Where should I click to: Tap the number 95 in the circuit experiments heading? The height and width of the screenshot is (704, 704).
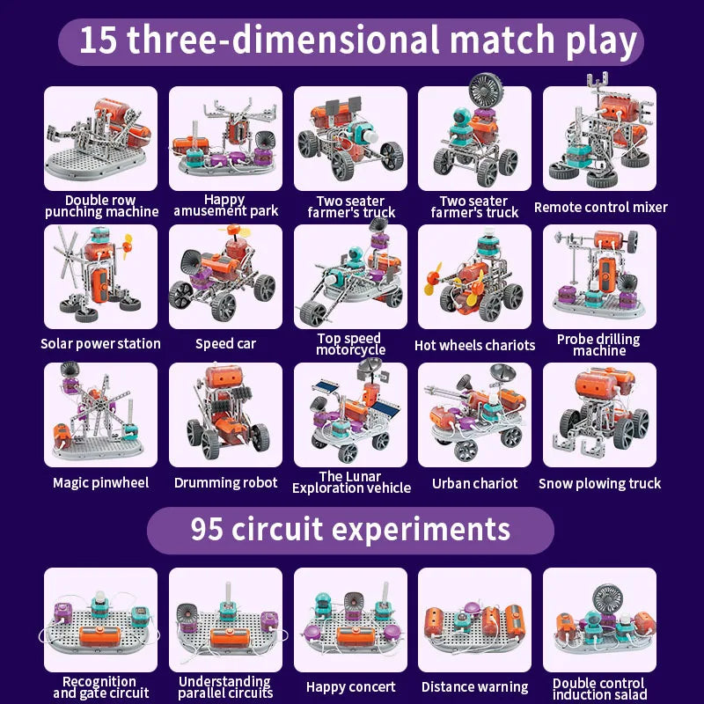click(209, 530)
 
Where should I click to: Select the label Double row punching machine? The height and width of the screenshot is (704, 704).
click(101, 206)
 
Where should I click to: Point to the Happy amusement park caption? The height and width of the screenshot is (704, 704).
click(226, 205)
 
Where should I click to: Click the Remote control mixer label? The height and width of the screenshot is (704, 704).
click(601, 208)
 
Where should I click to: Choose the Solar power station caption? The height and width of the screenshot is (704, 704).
click(101, 343)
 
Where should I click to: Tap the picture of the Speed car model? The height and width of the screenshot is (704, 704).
click(226, 276)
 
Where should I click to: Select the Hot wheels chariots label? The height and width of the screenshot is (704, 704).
click(475, 345)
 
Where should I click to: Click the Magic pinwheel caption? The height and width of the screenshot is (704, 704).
click(101, 482)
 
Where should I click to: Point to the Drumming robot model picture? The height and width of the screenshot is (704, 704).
click(226, 414)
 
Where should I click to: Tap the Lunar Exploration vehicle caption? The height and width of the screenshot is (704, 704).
click(351, 482)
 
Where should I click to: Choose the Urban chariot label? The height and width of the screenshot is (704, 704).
click(475, 483)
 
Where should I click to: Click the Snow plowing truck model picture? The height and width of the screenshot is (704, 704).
click(599, 414)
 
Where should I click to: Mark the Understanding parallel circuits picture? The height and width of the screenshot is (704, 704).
click(226, 621)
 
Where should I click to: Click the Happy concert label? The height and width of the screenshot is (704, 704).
click(351, 687)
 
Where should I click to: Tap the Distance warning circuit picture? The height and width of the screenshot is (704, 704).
click(475, 621)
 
